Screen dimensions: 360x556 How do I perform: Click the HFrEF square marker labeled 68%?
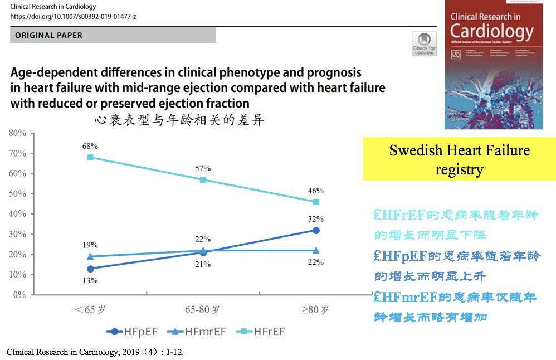[x=90, y=157]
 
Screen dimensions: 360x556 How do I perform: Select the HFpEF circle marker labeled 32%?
[x=316, y=230]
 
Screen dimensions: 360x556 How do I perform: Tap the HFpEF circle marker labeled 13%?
[x=90, y=269]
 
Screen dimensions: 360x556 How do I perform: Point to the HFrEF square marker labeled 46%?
[x=316, y=202]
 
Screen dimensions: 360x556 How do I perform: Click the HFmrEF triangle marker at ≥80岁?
[x=316, y=250]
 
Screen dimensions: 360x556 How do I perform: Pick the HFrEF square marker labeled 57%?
[x=203, y=179]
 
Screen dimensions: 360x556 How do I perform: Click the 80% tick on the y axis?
[x=17, y=133]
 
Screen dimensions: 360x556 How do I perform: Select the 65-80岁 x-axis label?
[x=202, y=310]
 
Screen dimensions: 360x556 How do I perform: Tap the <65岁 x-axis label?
[x=90, y=310]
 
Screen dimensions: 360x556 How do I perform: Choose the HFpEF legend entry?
[x=132, y=332]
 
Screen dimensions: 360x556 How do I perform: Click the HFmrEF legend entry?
[x=199, y=332]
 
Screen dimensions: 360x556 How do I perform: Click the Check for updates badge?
[x=424, y=43]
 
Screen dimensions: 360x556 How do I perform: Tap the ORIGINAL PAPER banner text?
[x=49, y=35]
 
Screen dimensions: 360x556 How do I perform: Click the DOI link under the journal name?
[x=73, y=17]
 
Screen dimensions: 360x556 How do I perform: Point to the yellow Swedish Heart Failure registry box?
[x=459, y=159]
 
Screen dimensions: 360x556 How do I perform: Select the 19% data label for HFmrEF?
[x=90, y=245]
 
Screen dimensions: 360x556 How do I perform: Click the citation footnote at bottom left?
[x=95, y=352]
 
